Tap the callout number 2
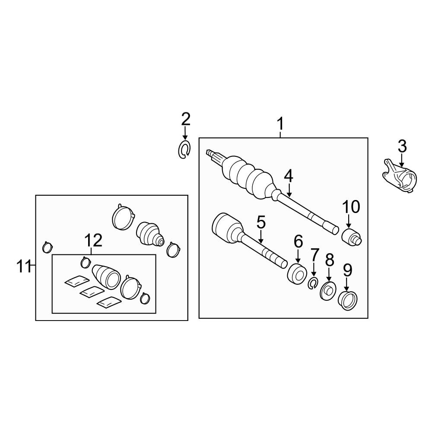(x=185, y=119)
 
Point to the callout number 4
(x=289, y=176)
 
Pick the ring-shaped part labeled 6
(x=297, y=274)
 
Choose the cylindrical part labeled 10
(x=351, y=237)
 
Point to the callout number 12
(x=93, y=240)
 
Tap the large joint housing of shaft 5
(x=227, y=228)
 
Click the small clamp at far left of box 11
(x=48, y=247)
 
